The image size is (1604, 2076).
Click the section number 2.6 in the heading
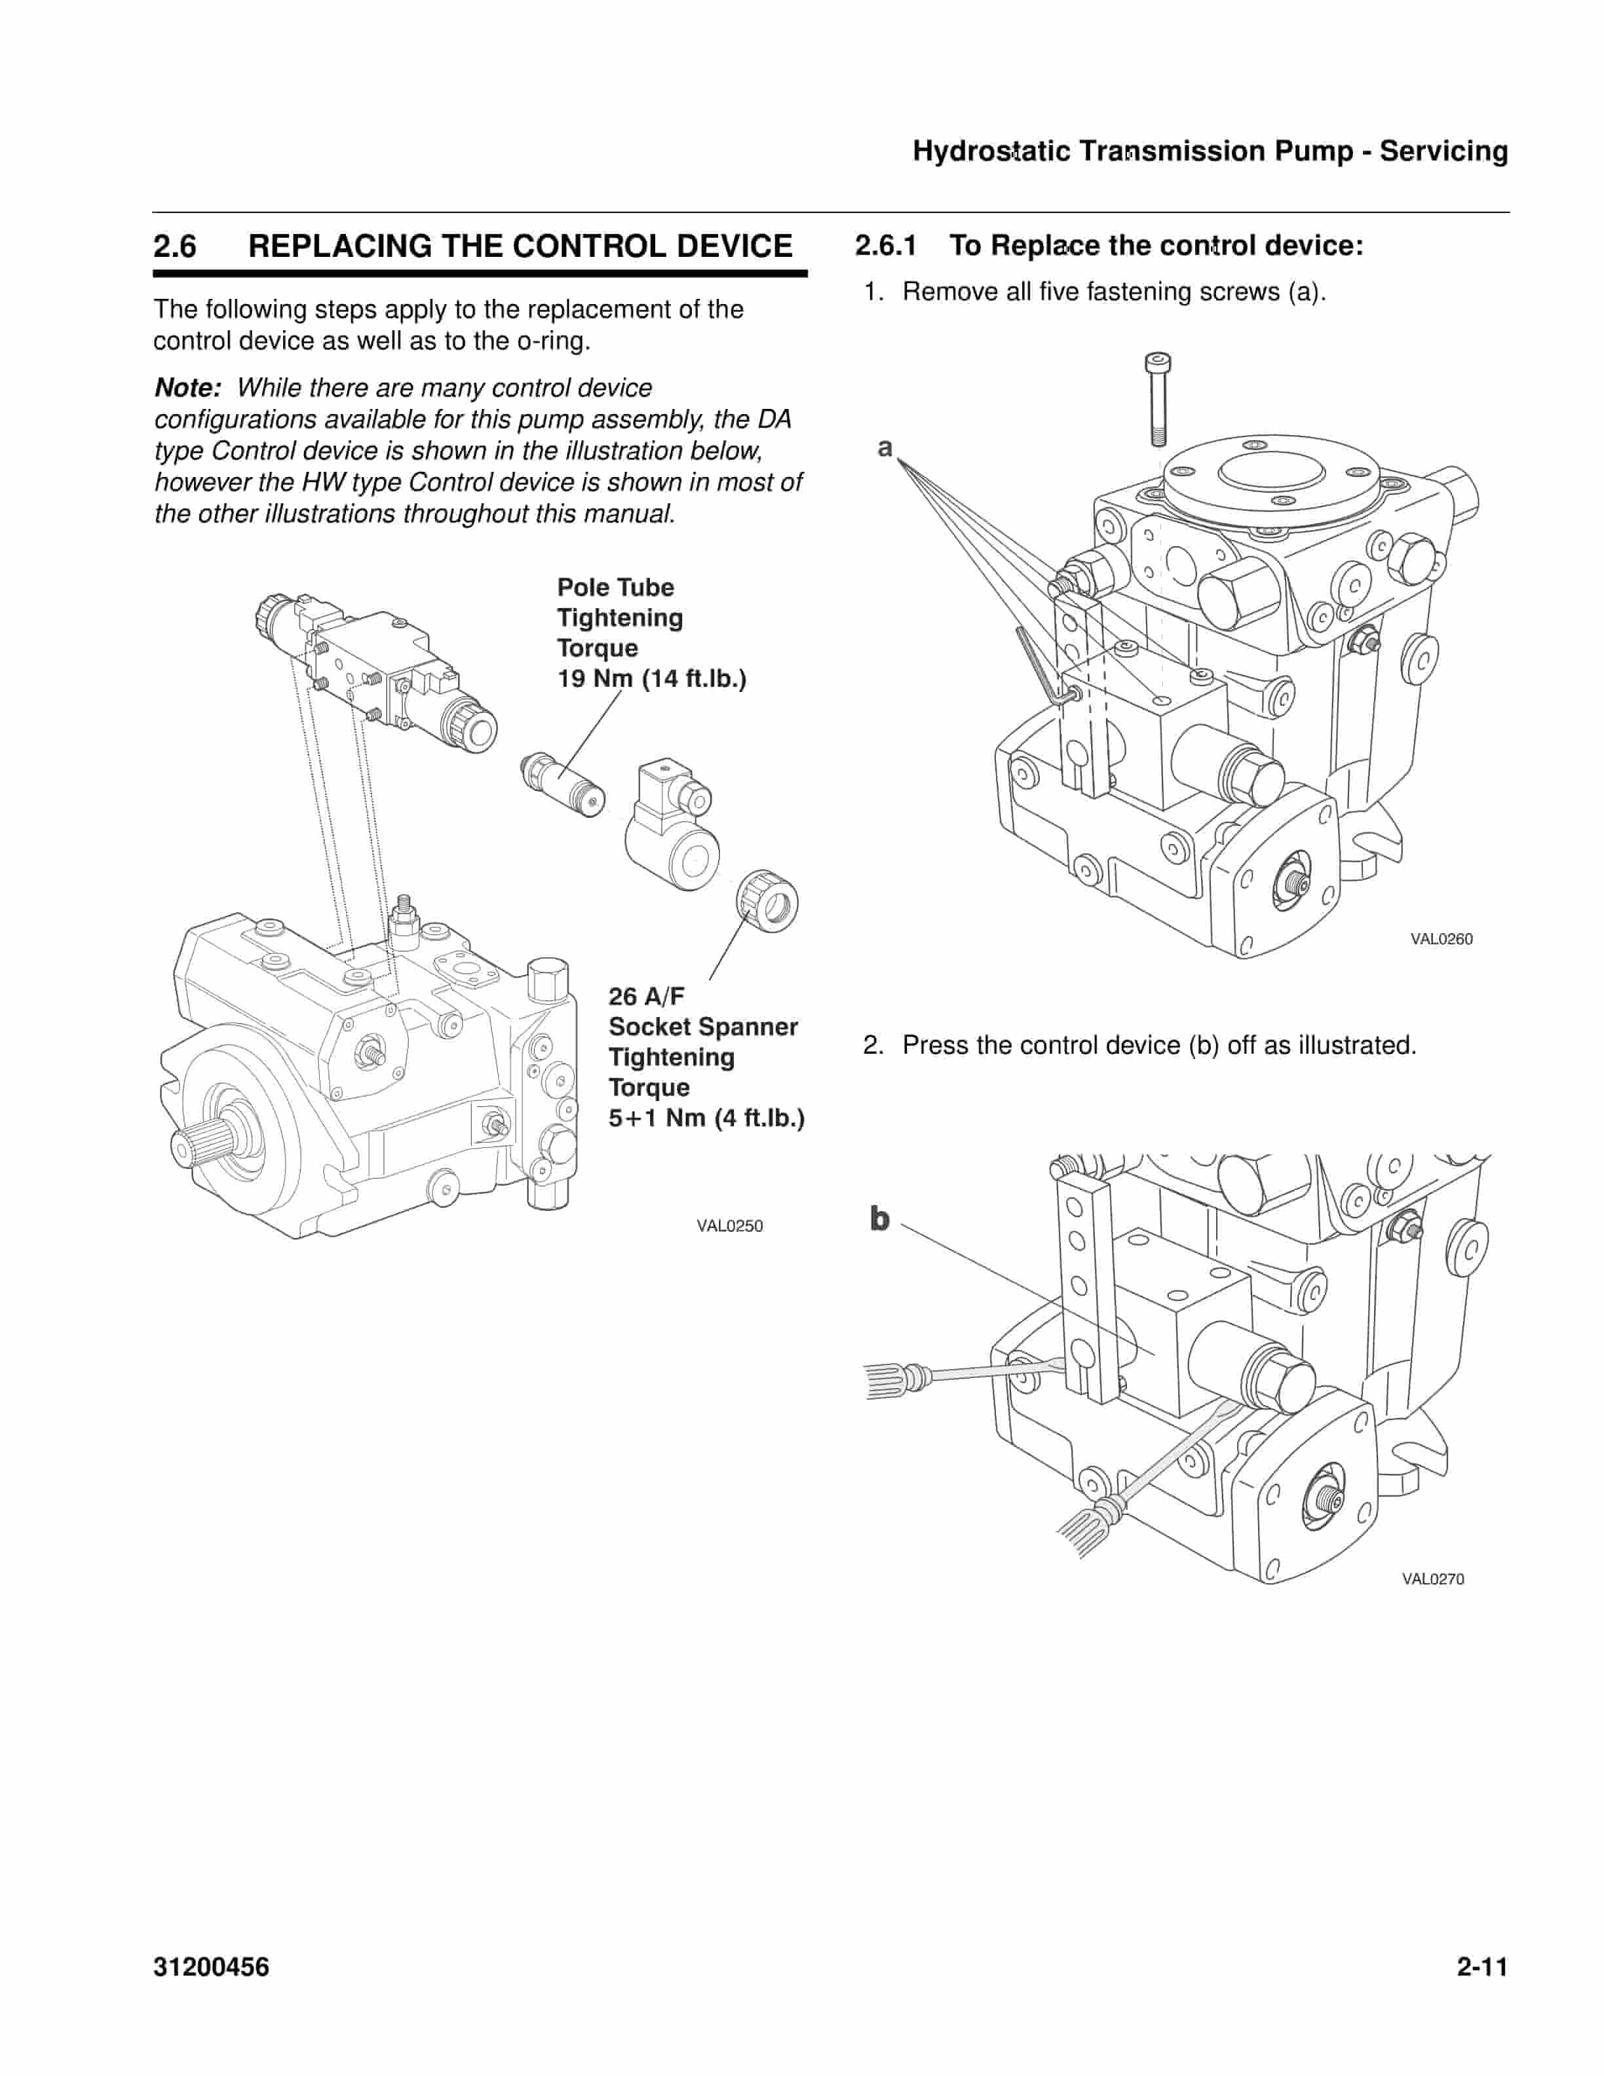(x=175, y=246)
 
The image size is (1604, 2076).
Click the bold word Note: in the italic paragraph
(x=187, y=388)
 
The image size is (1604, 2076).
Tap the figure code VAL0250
(x=729, y=1225)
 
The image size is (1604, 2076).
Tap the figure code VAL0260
(x=1441, y=939)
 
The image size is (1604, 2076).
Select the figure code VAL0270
(x=1432, y=1579)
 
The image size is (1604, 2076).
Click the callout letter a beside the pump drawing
(x=885, y=447)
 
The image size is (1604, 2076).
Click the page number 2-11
(x=1482, y=1967)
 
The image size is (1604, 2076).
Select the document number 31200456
(x=211, y=1967)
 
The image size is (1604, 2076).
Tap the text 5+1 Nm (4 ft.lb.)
(x=706, y=1118)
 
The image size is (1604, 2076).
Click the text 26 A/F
(x=646, y=996)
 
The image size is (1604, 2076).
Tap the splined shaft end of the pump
(x=195, y=1142)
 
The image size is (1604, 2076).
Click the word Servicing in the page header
(x=1443, y=151)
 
